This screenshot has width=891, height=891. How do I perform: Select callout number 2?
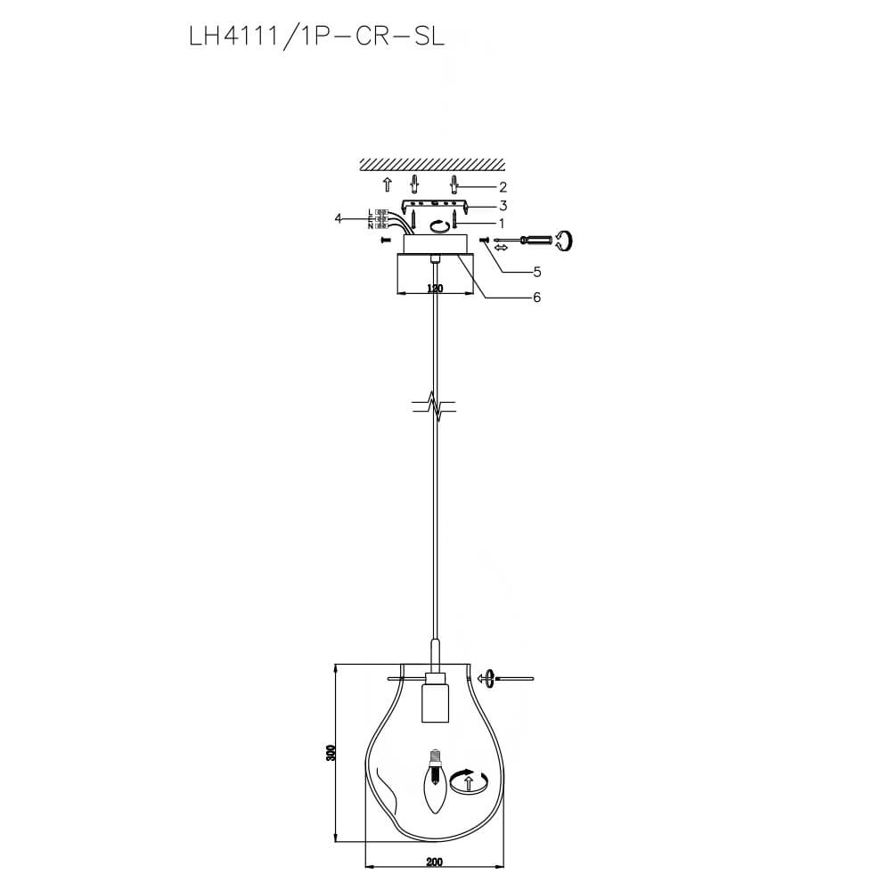click(503, 187)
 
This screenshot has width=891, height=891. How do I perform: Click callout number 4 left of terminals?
click(338, 218)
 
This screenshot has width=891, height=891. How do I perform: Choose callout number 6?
click(536, 298)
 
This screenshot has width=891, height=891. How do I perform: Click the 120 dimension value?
click(435, 289)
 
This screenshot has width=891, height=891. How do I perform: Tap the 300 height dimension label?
click(330, 753)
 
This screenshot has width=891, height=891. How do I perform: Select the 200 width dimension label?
click(434, 862)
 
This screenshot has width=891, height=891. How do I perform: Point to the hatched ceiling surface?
click(432, 165)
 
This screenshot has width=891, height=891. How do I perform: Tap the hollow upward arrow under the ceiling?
click(387, 185)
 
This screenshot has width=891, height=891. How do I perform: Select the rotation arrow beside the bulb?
click(469, 781)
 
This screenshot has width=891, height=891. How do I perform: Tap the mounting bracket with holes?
click(433, 206)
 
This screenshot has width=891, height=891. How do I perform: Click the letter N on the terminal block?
click(370, 226)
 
